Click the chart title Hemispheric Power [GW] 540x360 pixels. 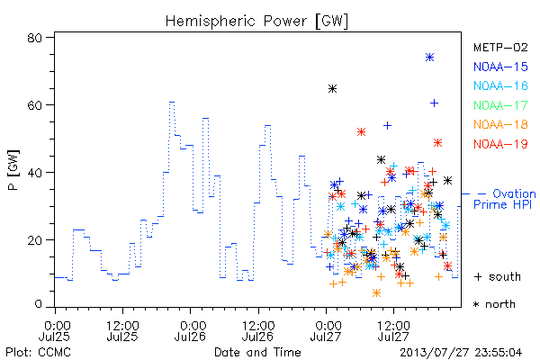tap(256, 22)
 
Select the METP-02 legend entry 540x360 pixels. tap(500, 47)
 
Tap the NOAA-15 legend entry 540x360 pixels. tap(500, 67)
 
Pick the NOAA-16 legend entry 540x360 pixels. tap(500, 85)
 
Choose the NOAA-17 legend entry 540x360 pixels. tap(500, 105)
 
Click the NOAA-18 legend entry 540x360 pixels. tap(500, 124)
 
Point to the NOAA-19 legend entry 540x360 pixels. tap(500, 144)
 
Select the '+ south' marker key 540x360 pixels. tap(498, 276)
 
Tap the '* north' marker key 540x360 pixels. tap(494, 304)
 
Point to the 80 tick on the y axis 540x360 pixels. tap(34, 38)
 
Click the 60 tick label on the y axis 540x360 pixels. tap(34, 105)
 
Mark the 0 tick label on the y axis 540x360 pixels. tap(38, 304)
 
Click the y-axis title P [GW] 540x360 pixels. tap(14, 170)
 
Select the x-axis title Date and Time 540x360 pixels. tap(257, 353)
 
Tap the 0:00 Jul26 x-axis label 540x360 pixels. tap(191, 331)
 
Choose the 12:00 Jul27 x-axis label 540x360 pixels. tap(393, 331)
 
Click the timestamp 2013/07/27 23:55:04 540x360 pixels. tap(461, 353)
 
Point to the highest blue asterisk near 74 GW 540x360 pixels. tap(429, 58)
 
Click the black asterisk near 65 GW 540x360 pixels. tap(332, 89)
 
